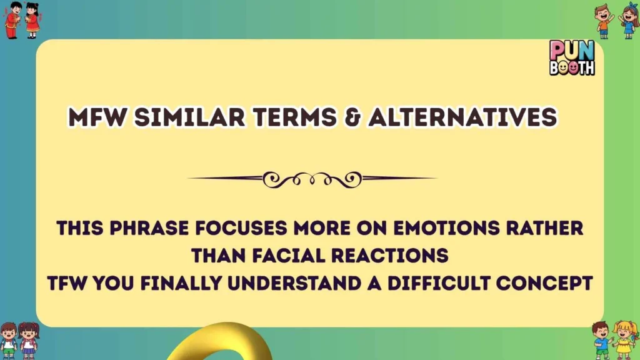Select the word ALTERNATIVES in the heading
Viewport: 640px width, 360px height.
[462, 117]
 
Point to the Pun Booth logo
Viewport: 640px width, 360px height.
[571, 57]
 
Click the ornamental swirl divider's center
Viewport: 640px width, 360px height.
[312, 178]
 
